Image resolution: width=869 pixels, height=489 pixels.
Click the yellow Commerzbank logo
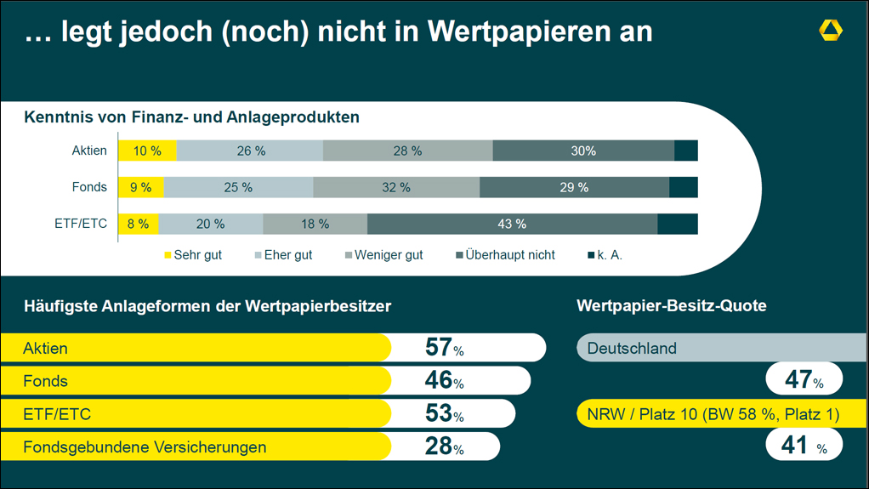pyautogui.click(x=831, y=31)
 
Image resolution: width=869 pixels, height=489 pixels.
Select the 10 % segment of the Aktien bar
pyautogui.click(x=147, y=151)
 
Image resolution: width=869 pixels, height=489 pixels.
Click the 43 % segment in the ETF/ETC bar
pyautogui.click(x=512, y=224)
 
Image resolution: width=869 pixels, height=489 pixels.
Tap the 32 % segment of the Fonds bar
pyautogui.click(x=396, y=187)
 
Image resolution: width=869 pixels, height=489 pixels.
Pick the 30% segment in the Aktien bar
pyautogui.click(x=583, y=151)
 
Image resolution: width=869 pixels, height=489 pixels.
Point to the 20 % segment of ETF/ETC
pyautogui.click(x=210, y=224)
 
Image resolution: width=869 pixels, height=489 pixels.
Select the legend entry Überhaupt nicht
pyautogui.click(x=505, y=255)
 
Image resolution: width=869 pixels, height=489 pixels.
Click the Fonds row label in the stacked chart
pyautogui.click(x=90, y=187)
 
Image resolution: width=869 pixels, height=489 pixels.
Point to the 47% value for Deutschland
pyautogui.click(x=804, y=379)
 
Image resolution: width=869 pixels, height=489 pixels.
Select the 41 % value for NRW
pyautogui.click(x=804, y=445)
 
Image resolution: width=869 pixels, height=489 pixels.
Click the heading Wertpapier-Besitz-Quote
pyautogui.click(x=671, y=306)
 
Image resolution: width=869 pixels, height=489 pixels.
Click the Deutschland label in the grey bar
pyautogui.click(x=632, y=348)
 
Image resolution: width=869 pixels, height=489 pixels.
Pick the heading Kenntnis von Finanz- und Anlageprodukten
pyautogui.click(x=192, y=117)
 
